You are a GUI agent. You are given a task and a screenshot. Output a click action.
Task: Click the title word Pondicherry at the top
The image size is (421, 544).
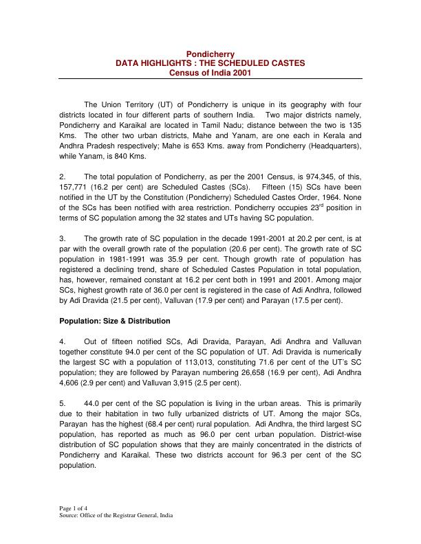211,54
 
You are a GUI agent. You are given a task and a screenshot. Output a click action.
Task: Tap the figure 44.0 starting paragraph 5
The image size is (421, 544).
93,403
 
